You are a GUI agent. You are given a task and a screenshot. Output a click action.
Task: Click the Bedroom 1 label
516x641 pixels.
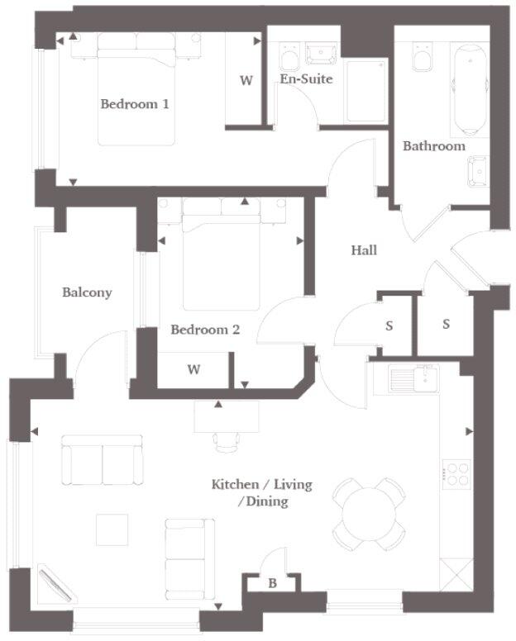[135, 104]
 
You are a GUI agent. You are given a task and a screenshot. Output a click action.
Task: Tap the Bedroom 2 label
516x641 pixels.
[205, 330]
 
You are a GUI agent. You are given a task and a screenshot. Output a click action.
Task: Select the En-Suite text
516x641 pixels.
[306, 79]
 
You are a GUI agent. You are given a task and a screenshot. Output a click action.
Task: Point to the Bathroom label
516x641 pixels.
[433, 146]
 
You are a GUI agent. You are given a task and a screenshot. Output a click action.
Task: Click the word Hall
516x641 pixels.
[364, 249]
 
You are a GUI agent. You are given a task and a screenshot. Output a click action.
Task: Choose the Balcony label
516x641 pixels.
[87, 292]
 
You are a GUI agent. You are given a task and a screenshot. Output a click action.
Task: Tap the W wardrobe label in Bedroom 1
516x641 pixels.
[246, 81]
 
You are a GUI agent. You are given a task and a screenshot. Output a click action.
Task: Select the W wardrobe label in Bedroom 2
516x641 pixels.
[193, 369]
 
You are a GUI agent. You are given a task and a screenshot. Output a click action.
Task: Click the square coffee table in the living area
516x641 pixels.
[112, 529]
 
